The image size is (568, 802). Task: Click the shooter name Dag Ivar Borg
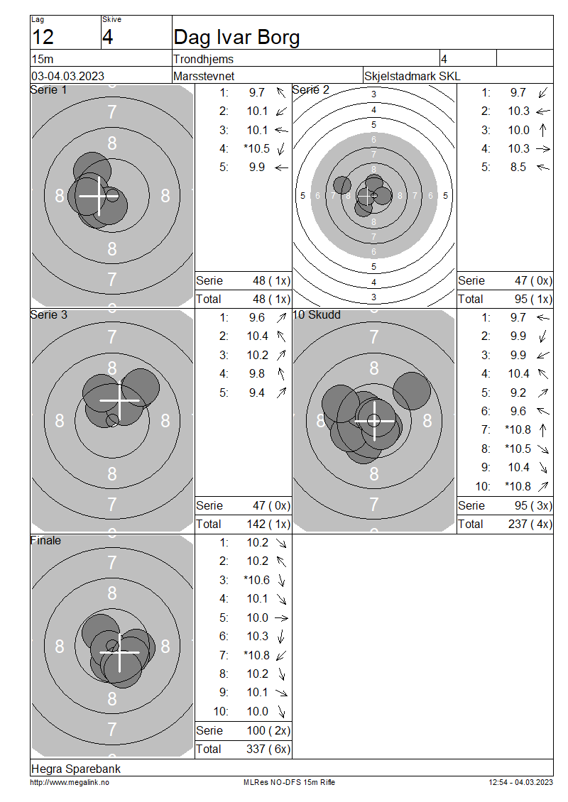[x=236, y=38]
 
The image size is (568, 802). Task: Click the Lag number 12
[x=43, y=38]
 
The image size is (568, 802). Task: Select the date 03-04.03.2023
[x=67, y=76]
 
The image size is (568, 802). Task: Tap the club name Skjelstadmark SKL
[x=412, y=76]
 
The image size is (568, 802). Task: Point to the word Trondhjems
[x=203, y=59]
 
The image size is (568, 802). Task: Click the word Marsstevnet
[x=204, y=76]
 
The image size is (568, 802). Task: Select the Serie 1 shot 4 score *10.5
[x=257, y=148]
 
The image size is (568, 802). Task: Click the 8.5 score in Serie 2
[x=518, y=167]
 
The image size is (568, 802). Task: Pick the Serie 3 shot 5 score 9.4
[x=257, y=392]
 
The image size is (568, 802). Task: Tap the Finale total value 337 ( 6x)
[x=268, y=749]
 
